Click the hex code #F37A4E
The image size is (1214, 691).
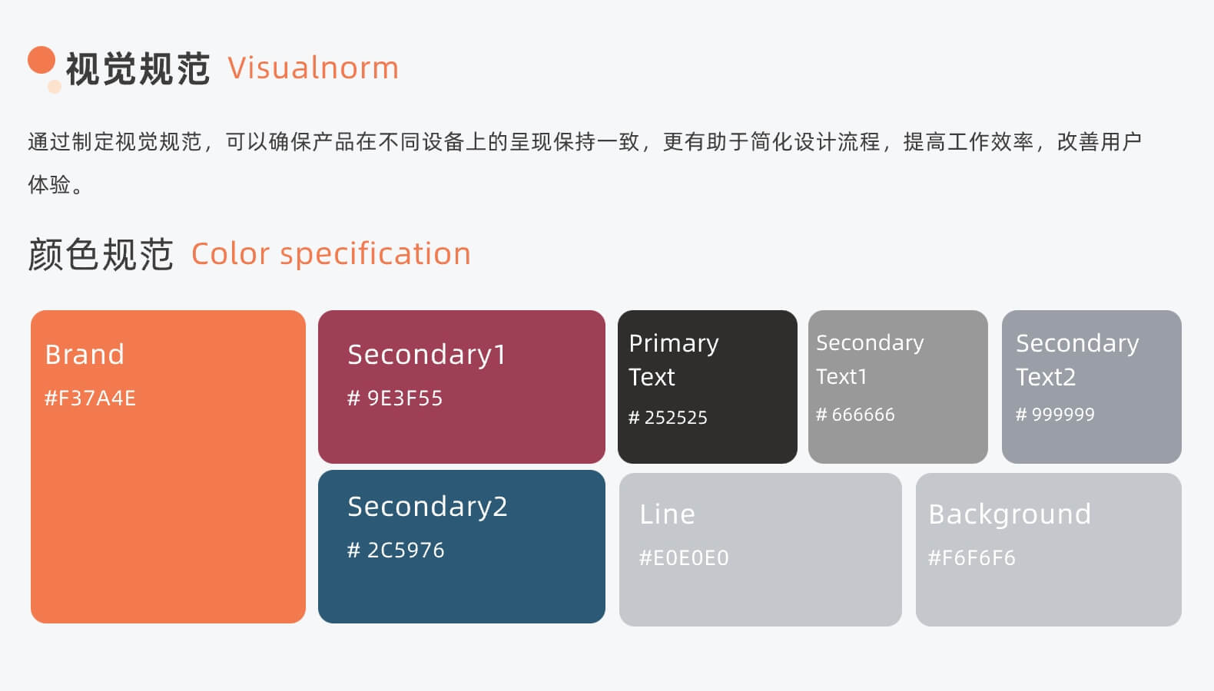90,398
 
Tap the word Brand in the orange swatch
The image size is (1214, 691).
85,355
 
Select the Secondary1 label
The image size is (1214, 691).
426,355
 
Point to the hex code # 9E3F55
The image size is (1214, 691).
395,398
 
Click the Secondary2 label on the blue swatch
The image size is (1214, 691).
427,507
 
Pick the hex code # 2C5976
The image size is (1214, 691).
396,550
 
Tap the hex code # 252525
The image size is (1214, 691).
668,418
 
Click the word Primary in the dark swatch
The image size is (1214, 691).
674,343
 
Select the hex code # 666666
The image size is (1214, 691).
855,415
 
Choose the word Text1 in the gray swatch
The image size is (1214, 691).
841,377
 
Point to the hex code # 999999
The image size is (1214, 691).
1055,415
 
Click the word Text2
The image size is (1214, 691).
1046,377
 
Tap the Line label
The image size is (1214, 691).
667,514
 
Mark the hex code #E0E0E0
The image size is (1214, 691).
684,558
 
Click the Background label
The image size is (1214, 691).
1010,514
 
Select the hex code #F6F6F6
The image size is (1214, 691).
972,558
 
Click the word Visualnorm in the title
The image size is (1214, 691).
313,68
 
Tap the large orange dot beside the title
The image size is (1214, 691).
41,60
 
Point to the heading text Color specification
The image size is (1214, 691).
331,254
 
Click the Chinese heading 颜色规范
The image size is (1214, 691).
101,254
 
